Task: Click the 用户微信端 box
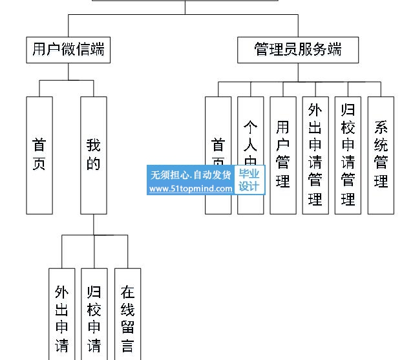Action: [x=68, y=50]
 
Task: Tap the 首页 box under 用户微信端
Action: [x=39, y=154]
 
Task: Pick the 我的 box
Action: [x=94, y=154]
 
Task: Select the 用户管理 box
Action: [x=282, y=154]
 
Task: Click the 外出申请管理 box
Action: [x=315, y=154]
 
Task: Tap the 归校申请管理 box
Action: [x=348, y=154]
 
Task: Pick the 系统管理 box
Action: [x=381, y=154]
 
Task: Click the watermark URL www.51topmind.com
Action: [x=190, y=189]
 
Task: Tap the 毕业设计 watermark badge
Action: [x=249, y=180]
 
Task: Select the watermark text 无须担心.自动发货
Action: [x=190, y=175]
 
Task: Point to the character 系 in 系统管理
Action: [x=381, y=127]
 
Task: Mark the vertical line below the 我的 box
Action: [x=94, y=224]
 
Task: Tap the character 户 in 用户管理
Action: [x=282, y=143]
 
